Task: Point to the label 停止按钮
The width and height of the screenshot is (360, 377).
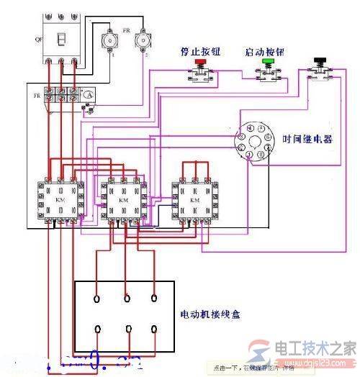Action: (197, 52)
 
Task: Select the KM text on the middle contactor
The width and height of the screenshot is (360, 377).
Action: (123, 199)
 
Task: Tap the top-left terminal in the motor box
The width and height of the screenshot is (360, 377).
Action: (98, 296)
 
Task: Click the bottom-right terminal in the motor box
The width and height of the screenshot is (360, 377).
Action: (154, 328)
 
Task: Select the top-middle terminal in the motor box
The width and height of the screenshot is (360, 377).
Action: (127, 296)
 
